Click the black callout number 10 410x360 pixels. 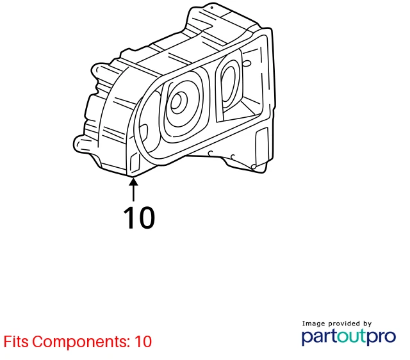coord(139,218)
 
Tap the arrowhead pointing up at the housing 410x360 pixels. coord(133,181)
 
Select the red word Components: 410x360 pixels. coord(81,341)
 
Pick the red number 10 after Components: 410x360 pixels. coord(143,341)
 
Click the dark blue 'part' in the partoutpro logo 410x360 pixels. coord(319,337)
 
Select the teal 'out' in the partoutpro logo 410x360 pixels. coord(352,337)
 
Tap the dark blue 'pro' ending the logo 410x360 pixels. coord(382,338)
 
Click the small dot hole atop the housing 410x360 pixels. coord(212,8)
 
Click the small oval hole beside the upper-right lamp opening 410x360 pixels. coord(247,63)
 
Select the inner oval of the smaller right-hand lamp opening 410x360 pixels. coord(229,84)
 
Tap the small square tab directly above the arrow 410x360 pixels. coord(135,162)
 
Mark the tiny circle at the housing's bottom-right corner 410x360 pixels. coord(253,167)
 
